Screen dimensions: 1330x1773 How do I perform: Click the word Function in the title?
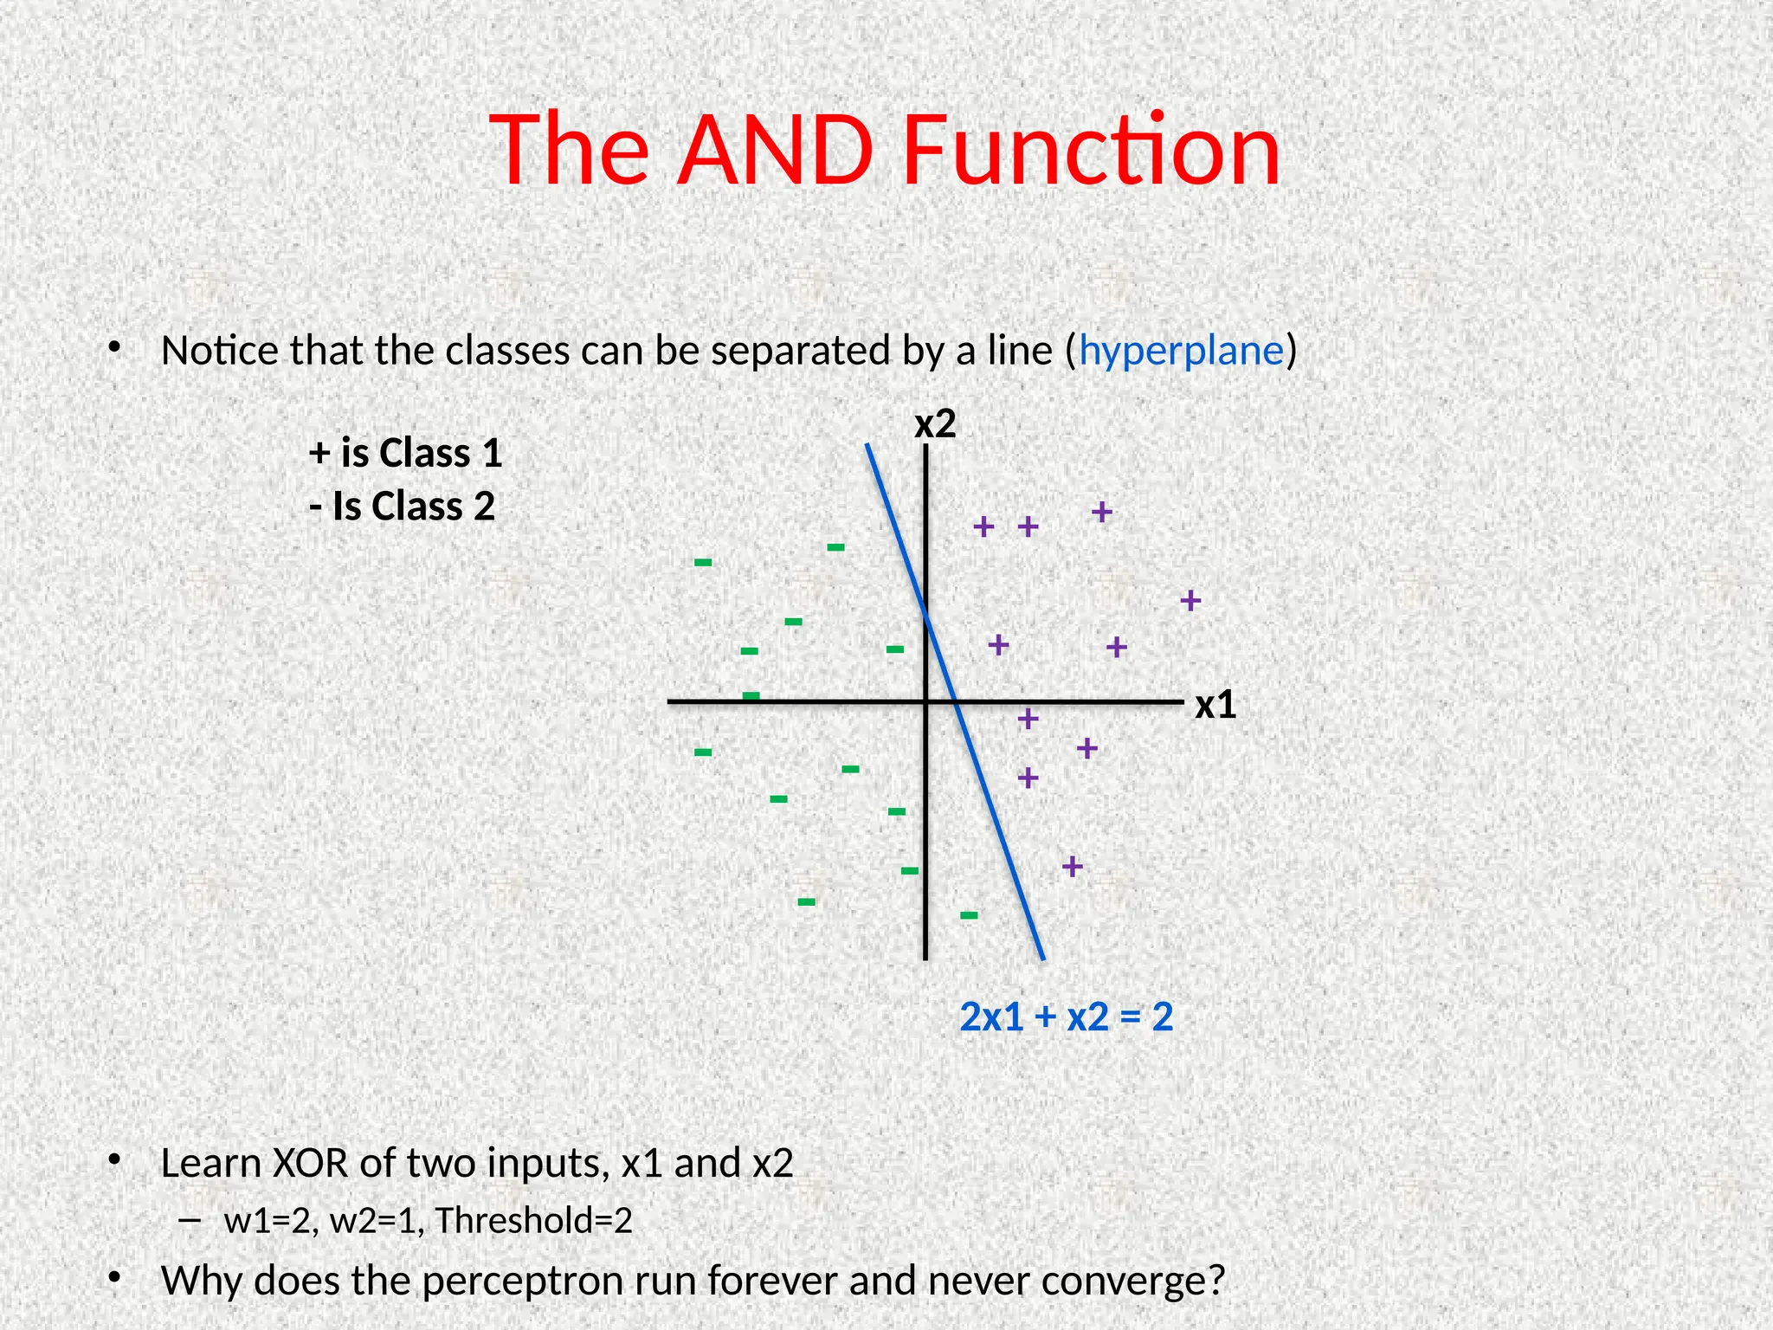(x=1090, y=151)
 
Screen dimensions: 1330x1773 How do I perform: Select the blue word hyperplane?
(x=1180, y=352)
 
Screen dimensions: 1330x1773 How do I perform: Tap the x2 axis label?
(x=935, y=424)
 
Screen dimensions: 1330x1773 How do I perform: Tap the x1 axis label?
(x=1215, y=706)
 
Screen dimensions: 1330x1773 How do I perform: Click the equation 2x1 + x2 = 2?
(x=1066, y=1017)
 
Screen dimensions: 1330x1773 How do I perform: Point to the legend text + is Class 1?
(x=405, y=453)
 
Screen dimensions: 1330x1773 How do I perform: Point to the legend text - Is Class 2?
(x=402, y=507)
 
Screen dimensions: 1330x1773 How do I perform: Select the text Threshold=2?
(x=533, y=1221)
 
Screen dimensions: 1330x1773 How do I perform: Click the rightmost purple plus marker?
(x=1190, y=600)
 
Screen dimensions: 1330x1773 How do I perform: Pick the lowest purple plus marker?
(x=1072, y=866)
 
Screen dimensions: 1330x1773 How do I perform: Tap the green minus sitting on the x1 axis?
(x=751, y=695)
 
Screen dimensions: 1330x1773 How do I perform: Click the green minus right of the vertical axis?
(x=969, y=915)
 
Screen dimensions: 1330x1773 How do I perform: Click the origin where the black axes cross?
(x=925, y=701)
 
